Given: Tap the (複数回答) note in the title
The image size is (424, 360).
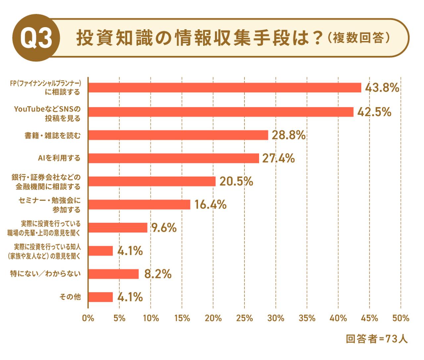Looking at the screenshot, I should pyautogui.click(x=358, y=38).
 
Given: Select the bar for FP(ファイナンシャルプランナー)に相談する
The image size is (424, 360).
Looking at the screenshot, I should pyautogui.click(x=225, y=88).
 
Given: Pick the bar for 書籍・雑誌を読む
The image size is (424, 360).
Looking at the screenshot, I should pyautogui.click(x=178, y=135).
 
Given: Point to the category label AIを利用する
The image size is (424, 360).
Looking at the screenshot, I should pyautogui.click(x=59, y=158).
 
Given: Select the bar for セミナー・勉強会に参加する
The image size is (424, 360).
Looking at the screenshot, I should pyautogui.click(x=139, y=204).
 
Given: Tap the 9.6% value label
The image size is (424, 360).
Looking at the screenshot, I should pyautogui.click(x=164, y=228).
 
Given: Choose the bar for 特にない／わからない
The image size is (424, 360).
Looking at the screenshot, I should pyautogui.click(x=114, y=274).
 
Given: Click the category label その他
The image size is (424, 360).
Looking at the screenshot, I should pyautogui.click(x=70, y=297).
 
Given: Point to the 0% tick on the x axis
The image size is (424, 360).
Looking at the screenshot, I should pyautogui.click(x=88, y=318).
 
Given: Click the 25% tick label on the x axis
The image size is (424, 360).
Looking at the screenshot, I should pyautogui.click(x=244, y=318).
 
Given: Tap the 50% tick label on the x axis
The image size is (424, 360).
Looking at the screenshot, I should pyautogui.click(x=401, y=318).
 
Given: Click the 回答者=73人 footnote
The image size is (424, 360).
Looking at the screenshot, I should pyautogui.click(x=377, y=339).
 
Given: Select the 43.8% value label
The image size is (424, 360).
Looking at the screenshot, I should pyautogui.click(x=382, y=88).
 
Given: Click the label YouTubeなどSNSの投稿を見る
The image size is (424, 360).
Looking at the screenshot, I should pyautogui.click(x=47, y=113).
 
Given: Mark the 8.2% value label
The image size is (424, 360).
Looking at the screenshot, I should pyautogui.click(x=158, y=274).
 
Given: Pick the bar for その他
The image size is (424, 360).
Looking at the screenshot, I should pyautogui.click(x=101, y=297).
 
